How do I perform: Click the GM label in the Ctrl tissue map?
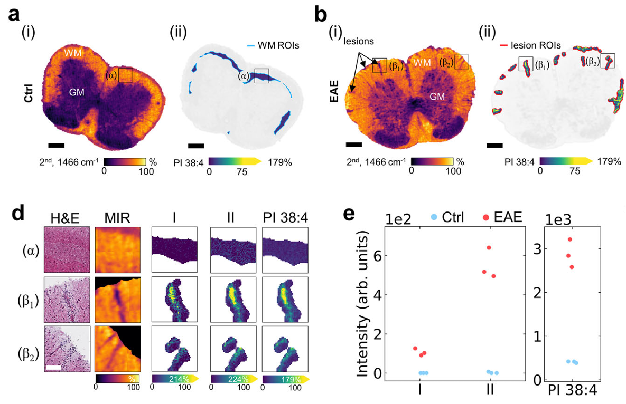tap(78, 92)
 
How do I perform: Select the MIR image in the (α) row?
tap(118, 249)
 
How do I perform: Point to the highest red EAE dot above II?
tap(489, 247)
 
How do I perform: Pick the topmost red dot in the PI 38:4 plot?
tap(570, 239)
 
